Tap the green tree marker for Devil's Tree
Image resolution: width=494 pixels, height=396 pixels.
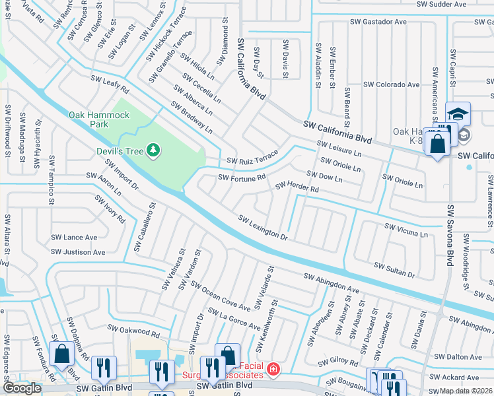(x=154, y=151)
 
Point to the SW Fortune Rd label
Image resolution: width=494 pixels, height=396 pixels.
(x=242, y=177)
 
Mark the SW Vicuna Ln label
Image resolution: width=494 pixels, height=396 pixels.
(x=406, y=229)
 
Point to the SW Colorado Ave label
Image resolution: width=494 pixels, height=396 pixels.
(x=392, y=84)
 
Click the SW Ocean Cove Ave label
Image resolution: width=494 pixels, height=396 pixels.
(x=221, y=296)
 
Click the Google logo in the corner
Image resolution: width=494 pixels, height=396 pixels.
(x=22, y=388)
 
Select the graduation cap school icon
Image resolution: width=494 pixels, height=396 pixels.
(x=458, y=114)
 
